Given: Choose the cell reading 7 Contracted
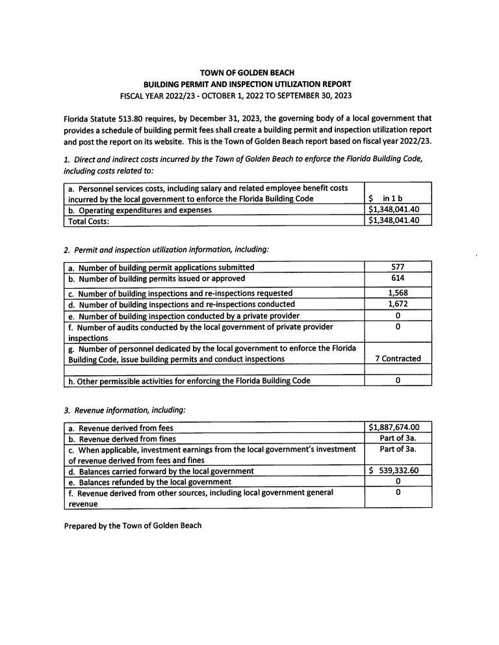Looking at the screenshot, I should click(x=398, y=358).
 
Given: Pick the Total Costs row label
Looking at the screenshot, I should click(x=88, y=220).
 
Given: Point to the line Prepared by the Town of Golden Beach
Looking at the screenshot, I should click(x=133, y=525).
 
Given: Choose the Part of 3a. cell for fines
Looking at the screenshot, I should click(x=398, y=438).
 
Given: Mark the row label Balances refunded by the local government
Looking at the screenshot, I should click(x=149, y=482).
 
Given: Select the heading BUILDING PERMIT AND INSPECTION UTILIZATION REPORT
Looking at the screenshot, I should click(x=249, y=84).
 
